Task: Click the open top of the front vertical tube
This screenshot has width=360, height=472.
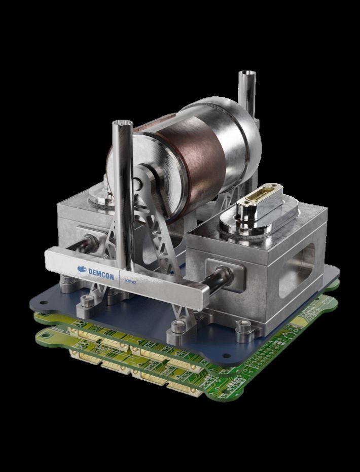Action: [x=122, y=124]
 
